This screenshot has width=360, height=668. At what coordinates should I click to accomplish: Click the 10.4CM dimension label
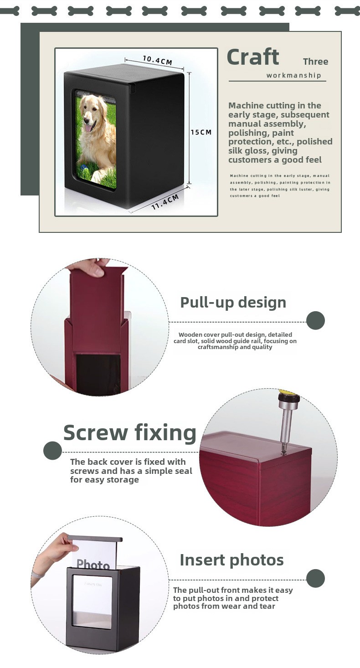coord(157,60)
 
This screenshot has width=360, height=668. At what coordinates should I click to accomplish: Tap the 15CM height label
coord(201,132)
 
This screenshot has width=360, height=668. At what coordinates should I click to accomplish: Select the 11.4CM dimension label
coord(165,202)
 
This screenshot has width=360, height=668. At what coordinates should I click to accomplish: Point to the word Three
coord(315,62)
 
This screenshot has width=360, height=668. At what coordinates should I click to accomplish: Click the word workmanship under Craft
coord(294,75)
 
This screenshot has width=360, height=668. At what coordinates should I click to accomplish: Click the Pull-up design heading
coord(233,303)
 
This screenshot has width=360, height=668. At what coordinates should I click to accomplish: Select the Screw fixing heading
coord(130,432)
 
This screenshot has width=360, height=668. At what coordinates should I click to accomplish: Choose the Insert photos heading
coord(232,560)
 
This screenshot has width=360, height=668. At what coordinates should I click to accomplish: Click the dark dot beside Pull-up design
coord(315,321)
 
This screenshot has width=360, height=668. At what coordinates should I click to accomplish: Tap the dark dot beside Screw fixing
coord(52,450)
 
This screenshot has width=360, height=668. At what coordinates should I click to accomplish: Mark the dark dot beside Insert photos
coord(315,578)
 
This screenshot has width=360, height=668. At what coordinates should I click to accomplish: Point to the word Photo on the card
coord(93,564)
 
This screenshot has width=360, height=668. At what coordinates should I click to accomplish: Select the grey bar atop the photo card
coord(95,538)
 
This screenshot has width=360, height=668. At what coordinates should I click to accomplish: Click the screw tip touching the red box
coord(283,452)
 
